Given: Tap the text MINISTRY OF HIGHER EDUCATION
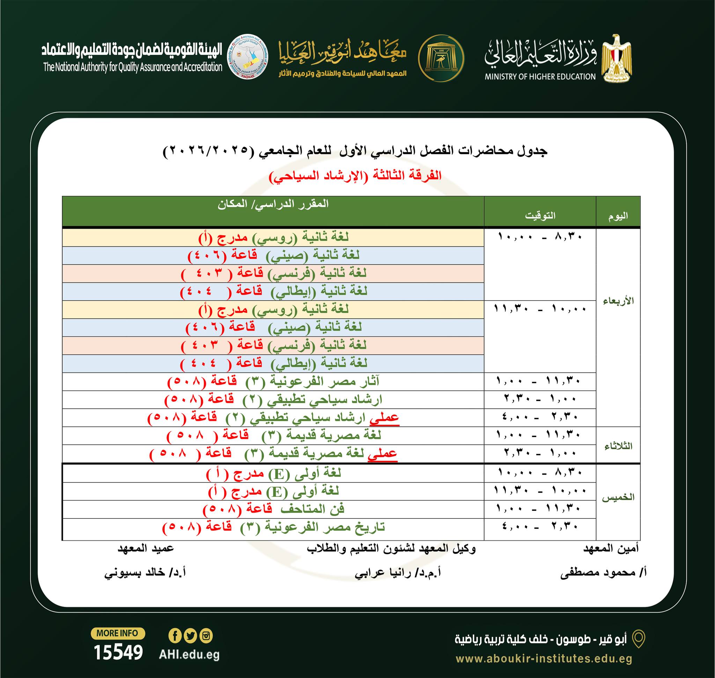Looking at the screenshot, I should click(540, 76).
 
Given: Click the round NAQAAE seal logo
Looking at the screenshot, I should click(247, 58).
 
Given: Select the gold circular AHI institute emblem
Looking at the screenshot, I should click(441, 58).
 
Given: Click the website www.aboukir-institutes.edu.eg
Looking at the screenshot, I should click(544, 658).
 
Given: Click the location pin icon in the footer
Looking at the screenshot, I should click(638, 639).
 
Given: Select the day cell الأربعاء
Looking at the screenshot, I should click(618, 301).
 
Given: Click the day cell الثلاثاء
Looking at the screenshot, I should click(618, 446).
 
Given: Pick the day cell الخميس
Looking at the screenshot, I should click(618, 497).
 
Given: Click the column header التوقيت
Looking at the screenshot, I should click(540, 215).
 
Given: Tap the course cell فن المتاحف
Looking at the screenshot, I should click(273, 509).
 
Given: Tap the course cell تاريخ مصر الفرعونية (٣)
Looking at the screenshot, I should click(273, 527).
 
